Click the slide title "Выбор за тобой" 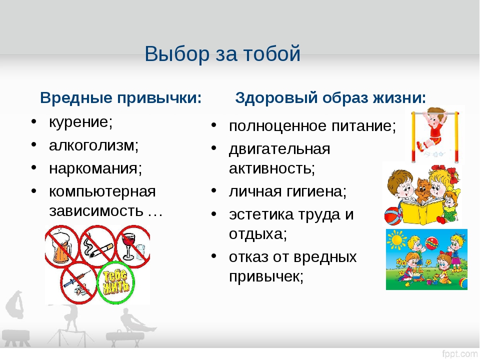pos(222,53)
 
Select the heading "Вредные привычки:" pos(121,98)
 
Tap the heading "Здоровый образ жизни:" pos(330,98)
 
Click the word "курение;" pos(81,122)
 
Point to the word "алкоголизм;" pos(93,145)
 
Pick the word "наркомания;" pos(95,168)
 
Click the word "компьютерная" pos(102,192)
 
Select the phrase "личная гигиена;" pos(288,191)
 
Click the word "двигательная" pos(279,149)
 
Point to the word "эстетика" pos(261,214)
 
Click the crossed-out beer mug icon pos(62,245)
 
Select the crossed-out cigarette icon pos(97,245)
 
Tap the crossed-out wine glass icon pos(132,245)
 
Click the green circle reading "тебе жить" pos(115,282)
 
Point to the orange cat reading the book pos(423,190)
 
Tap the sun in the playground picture pos(396,239)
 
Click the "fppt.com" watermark pos(459,354)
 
